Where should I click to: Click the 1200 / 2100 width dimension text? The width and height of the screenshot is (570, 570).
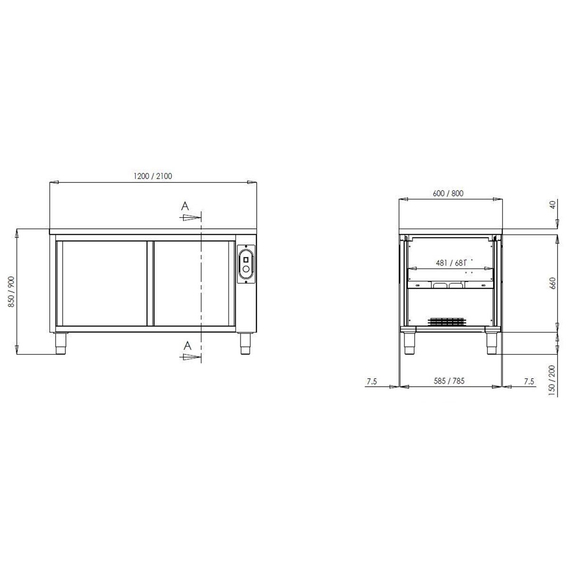pos(152,176)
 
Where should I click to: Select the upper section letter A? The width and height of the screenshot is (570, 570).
pos(185,209)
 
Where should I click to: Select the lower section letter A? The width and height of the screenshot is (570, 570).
pos(185,345)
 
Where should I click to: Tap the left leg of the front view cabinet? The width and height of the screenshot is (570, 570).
pos(63,342)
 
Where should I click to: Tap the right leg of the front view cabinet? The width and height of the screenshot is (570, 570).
pos(245,342)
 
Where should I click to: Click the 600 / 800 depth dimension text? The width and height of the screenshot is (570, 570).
pos(448,193)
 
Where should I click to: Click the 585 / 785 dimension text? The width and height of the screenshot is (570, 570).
pos(449,381)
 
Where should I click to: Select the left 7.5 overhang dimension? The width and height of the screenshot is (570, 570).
pos(372,381)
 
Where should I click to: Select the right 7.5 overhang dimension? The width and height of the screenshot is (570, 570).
pos(529,381)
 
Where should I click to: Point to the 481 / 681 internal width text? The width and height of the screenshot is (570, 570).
pos(451,264)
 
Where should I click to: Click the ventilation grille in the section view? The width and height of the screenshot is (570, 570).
pos(447,322)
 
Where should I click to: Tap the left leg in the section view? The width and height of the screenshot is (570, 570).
pos(410,342)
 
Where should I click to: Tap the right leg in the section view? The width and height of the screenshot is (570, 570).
pos(490,342)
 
